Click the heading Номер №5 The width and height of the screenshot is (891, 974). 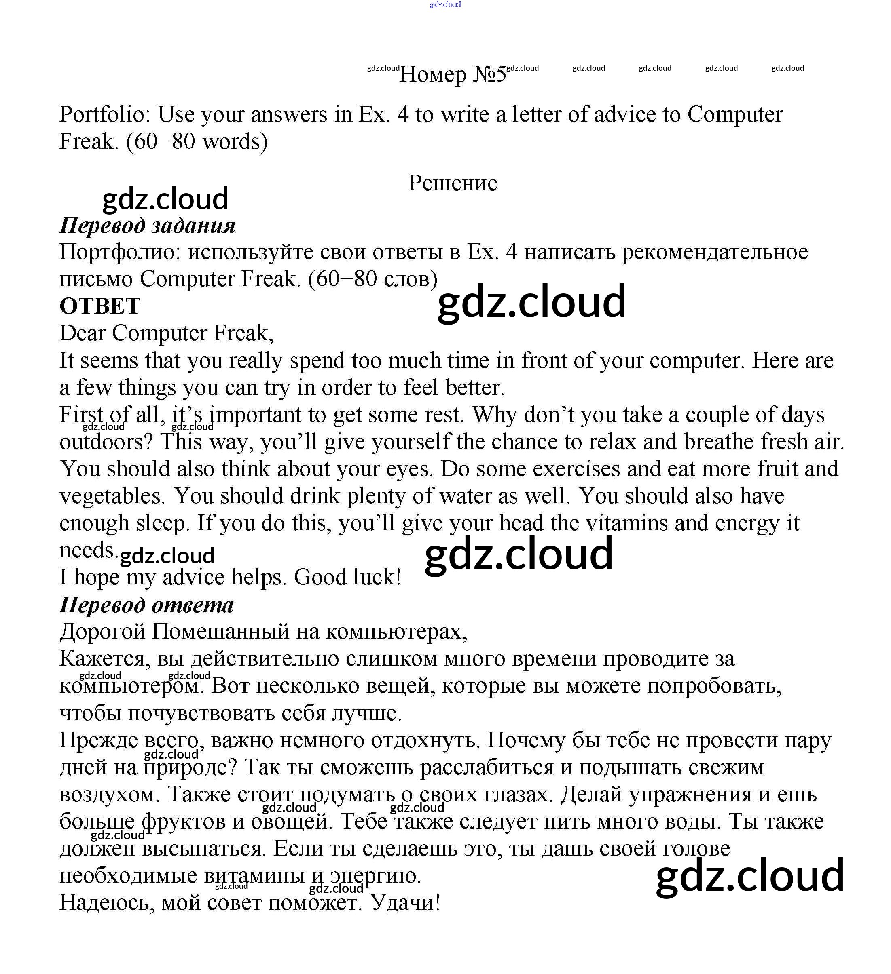(453, 74)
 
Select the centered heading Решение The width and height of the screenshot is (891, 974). (453, 183)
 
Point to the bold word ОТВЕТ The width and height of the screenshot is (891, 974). (100, 306)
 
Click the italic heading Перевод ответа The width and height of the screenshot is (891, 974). (146, 605)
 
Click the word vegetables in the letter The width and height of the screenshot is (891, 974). (114, 496)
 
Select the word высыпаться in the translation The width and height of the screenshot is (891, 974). (203, 848)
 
